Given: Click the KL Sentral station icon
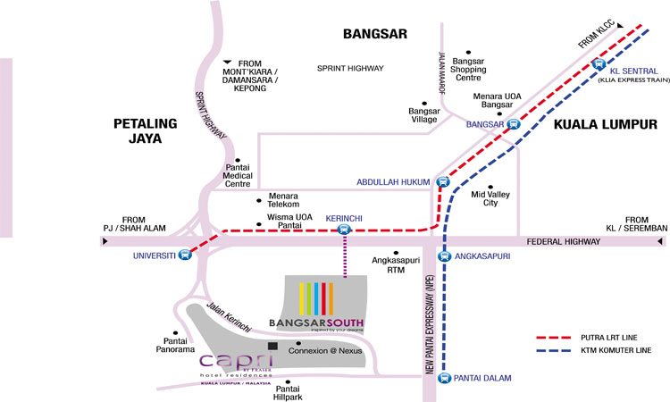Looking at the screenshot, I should (x=598, y=64).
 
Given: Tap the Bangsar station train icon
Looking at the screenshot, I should (x=514, y=124).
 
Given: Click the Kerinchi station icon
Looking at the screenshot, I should (x=345, y=230).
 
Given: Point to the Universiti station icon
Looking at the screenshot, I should (x=185, y=254).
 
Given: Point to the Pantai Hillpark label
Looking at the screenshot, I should (x=288, y=393).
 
